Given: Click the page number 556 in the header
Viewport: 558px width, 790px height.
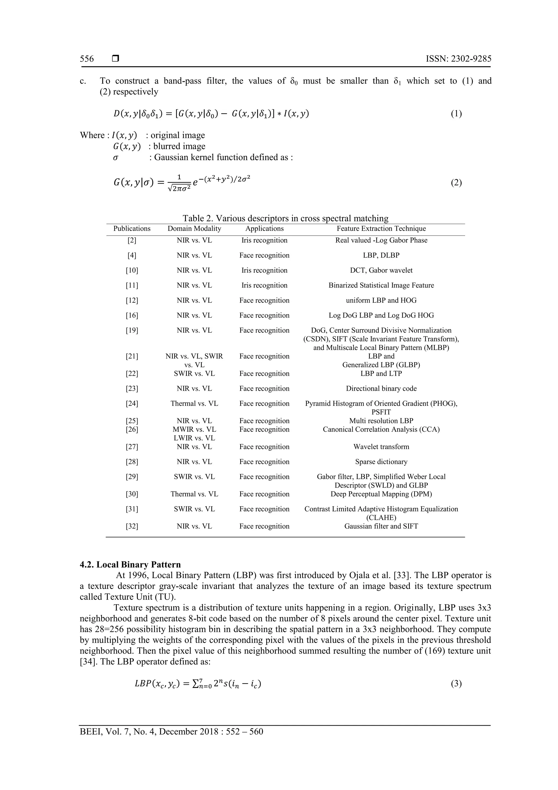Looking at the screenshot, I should pos(87,59).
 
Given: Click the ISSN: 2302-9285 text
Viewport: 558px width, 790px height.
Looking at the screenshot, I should pos(458,59).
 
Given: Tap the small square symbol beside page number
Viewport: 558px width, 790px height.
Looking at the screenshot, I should pos(116,59).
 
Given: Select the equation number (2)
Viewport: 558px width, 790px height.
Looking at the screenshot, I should pos(456,183).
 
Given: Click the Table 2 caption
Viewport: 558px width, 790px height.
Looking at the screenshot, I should pos(285,218).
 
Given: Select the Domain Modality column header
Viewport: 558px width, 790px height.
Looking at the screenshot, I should pos(194,229).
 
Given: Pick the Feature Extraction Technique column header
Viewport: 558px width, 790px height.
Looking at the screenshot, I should pos(381,229).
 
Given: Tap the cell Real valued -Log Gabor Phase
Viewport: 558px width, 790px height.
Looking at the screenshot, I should pos(381,241).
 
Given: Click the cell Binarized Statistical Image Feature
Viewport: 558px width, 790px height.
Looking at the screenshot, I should pos(381,285).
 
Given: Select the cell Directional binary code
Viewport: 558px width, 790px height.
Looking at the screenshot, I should pos(381,389).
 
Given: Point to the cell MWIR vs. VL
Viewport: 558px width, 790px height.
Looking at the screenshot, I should pos(194,429).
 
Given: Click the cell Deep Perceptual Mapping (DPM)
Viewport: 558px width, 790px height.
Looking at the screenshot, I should pos(381,494).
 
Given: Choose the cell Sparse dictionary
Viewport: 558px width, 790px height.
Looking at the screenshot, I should pos(381,462).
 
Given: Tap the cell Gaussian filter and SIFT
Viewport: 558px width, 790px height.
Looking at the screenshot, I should pos(381,526).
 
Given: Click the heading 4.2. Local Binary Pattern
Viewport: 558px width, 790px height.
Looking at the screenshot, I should pos(130,565).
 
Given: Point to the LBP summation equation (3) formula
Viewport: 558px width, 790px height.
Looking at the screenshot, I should pos(198,684).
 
